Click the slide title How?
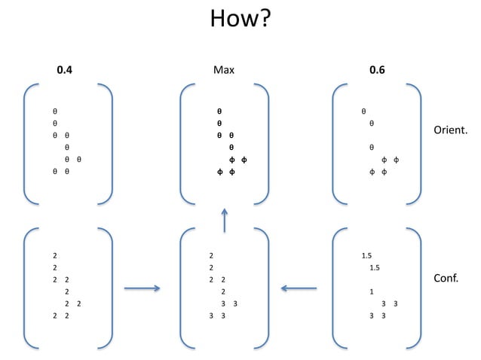click(x=240, y=19)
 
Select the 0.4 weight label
click(x=66, y=71)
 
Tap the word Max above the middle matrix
click(x=224, y=71)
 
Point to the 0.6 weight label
click(x=377, y=71)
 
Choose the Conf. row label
click(x=448, y=279)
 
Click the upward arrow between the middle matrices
click(x=225, y=221)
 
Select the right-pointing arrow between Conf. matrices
click(x=142, y=287)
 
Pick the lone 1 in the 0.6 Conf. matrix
click(x=372, y=291)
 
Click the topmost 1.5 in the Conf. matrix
click(x=366, y=256)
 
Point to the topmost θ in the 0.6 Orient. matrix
click(x=363, y=110)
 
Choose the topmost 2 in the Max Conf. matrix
click(x=212, y=256)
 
